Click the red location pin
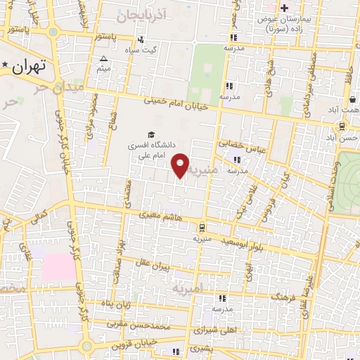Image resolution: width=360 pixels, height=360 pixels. (x=181, y=165)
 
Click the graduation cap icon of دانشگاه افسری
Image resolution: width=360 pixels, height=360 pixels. (x=150, y=134)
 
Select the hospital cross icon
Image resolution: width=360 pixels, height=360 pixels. (x=285, y=8)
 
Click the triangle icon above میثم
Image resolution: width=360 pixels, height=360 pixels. (x=104, y=59)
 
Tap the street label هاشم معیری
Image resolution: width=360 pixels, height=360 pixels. (x=159, y=214)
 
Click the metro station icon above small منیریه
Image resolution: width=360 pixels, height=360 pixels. (x=202, y=227)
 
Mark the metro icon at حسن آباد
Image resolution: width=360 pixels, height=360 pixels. (x=341, y=127)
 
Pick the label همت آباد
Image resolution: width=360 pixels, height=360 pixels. (x=345, y=111)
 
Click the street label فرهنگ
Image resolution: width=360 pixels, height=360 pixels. (x=281, y=296)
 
